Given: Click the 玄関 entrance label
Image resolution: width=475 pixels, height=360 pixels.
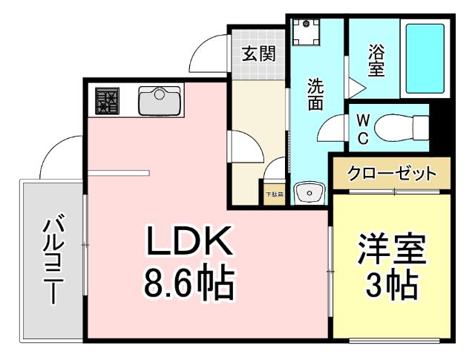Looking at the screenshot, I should [x=258, y=53].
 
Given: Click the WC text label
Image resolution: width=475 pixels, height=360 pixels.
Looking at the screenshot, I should [x=364, y=128].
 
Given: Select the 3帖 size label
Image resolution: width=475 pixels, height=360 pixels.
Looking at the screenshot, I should [x=391, y=286].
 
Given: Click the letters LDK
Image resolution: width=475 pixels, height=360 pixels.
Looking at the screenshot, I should [x=189, y=242].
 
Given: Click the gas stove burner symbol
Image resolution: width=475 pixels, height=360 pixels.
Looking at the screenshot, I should [x=107, y=101].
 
